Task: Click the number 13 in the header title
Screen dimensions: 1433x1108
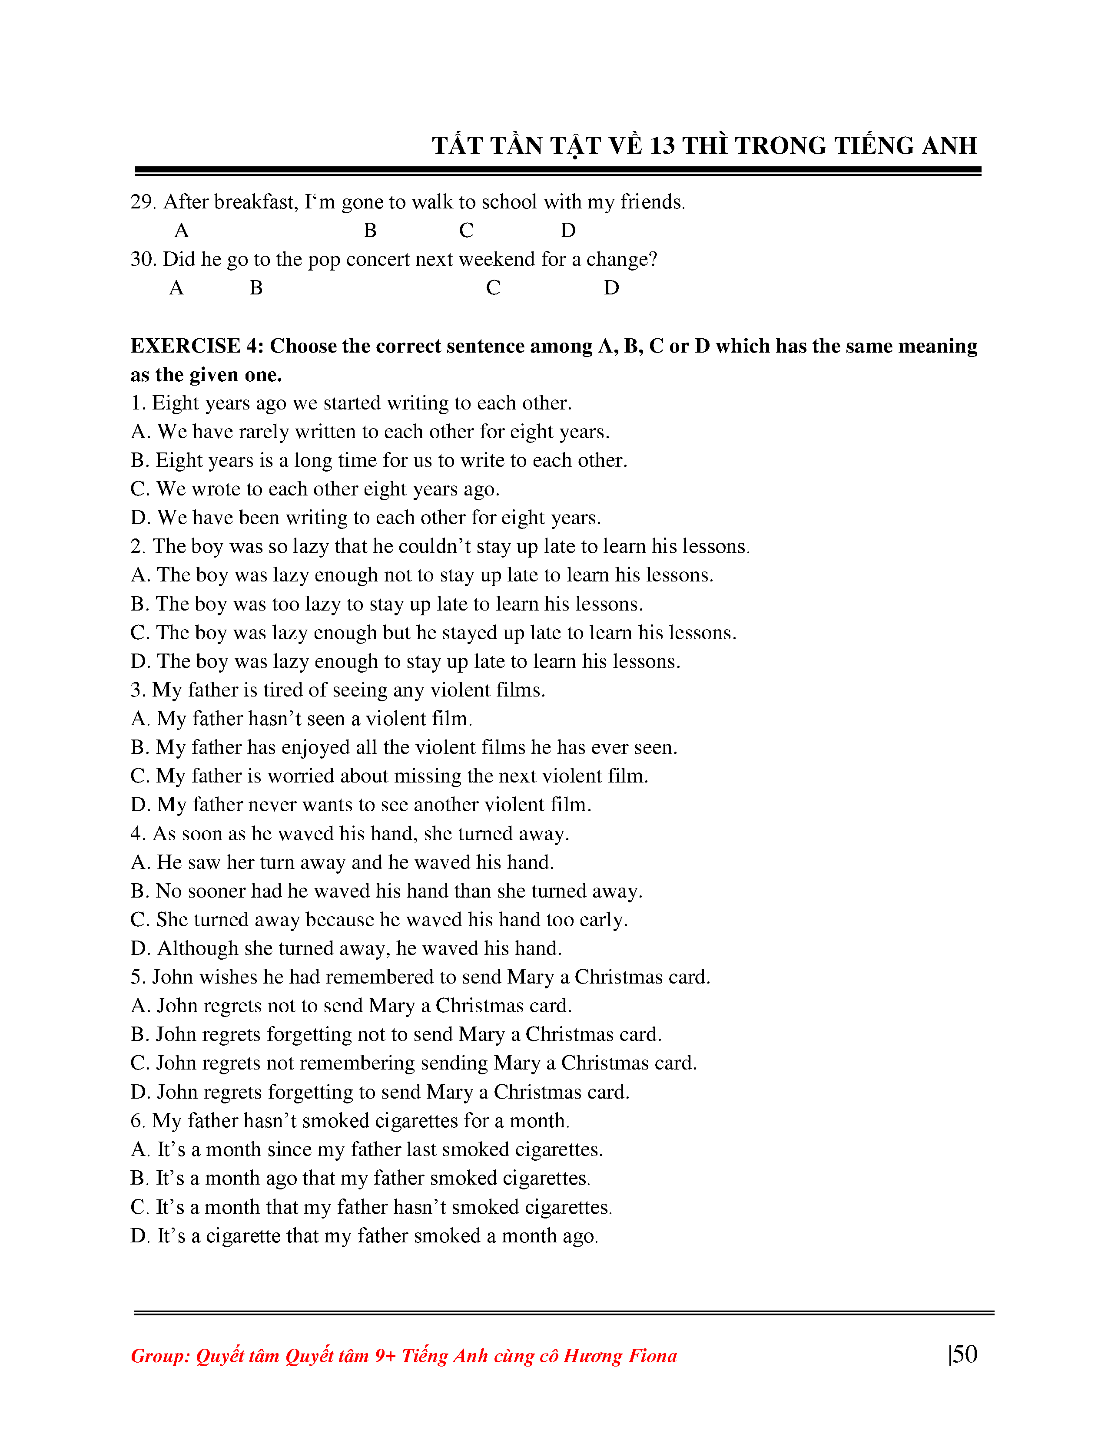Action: (x=662, y=145)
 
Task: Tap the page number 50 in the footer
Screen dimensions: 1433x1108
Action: (x=965, y=1354)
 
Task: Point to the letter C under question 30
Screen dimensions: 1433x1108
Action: (x=493, y=288)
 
